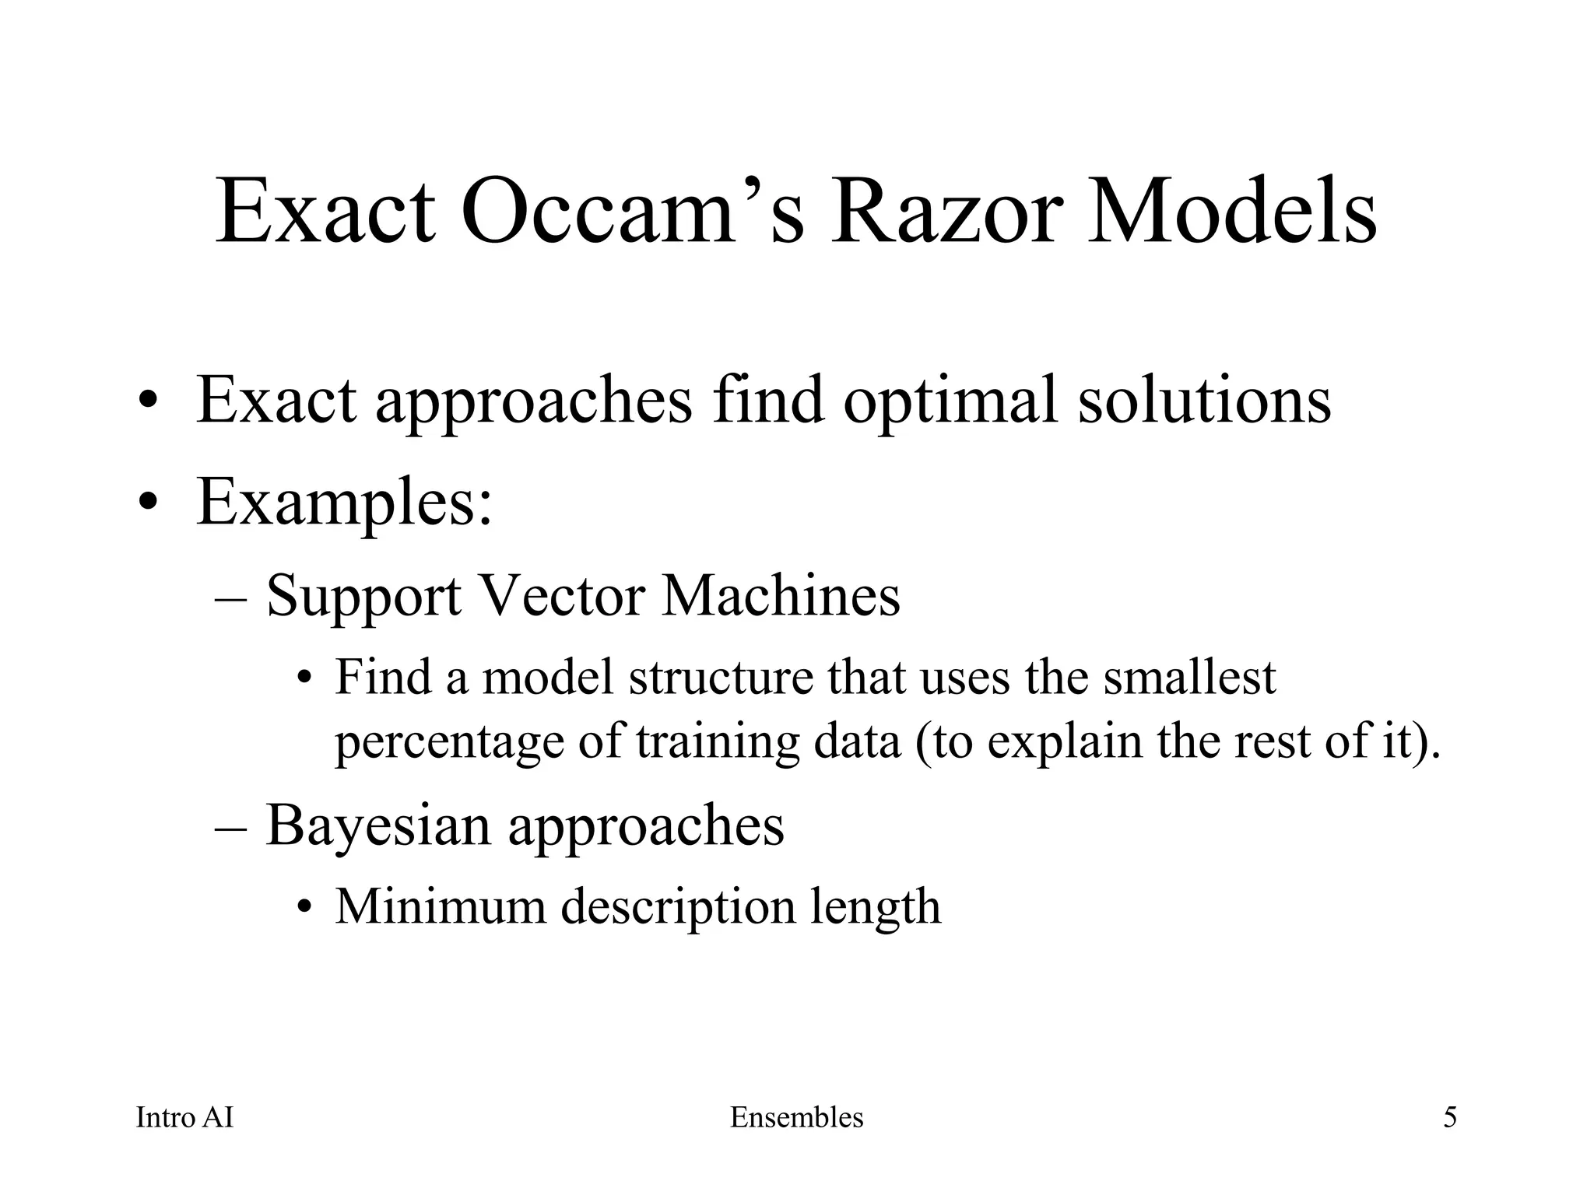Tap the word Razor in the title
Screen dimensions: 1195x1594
946,212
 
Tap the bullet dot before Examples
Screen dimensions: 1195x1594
149,504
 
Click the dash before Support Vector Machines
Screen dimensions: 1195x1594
230,599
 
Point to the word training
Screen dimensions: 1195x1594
717,743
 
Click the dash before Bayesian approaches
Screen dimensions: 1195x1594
230,829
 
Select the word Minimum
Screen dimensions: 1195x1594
440,906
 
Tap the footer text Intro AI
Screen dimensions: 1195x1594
184,1118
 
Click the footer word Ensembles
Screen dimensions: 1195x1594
796,1118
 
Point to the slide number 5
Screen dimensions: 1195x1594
1450,1118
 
